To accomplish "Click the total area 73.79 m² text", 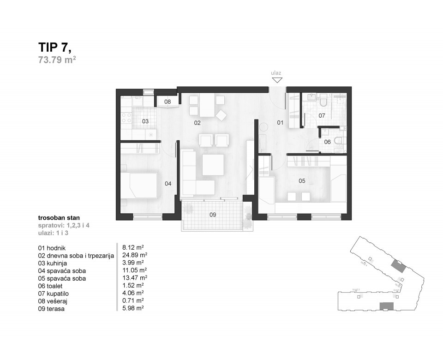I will point(57,60).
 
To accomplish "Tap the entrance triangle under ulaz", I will point(276,80).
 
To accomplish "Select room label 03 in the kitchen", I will point(145,121).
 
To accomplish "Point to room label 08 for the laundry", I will point(168,102).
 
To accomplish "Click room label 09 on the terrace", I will point(212,214).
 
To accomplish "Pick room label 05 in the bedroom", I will point(302,181).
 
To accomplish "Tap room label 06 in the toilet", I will point(327,142).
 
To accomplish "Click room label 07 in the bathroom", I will point(322,115).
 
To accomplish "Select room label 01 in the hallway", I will point(280,123).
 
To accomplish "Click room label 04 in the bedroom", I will point(168,184).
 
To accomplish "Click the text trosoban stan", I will point(59,216).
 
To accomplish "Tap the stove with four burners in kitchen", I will point(126,118).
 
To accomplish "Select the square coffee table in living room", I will point(213,165).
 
